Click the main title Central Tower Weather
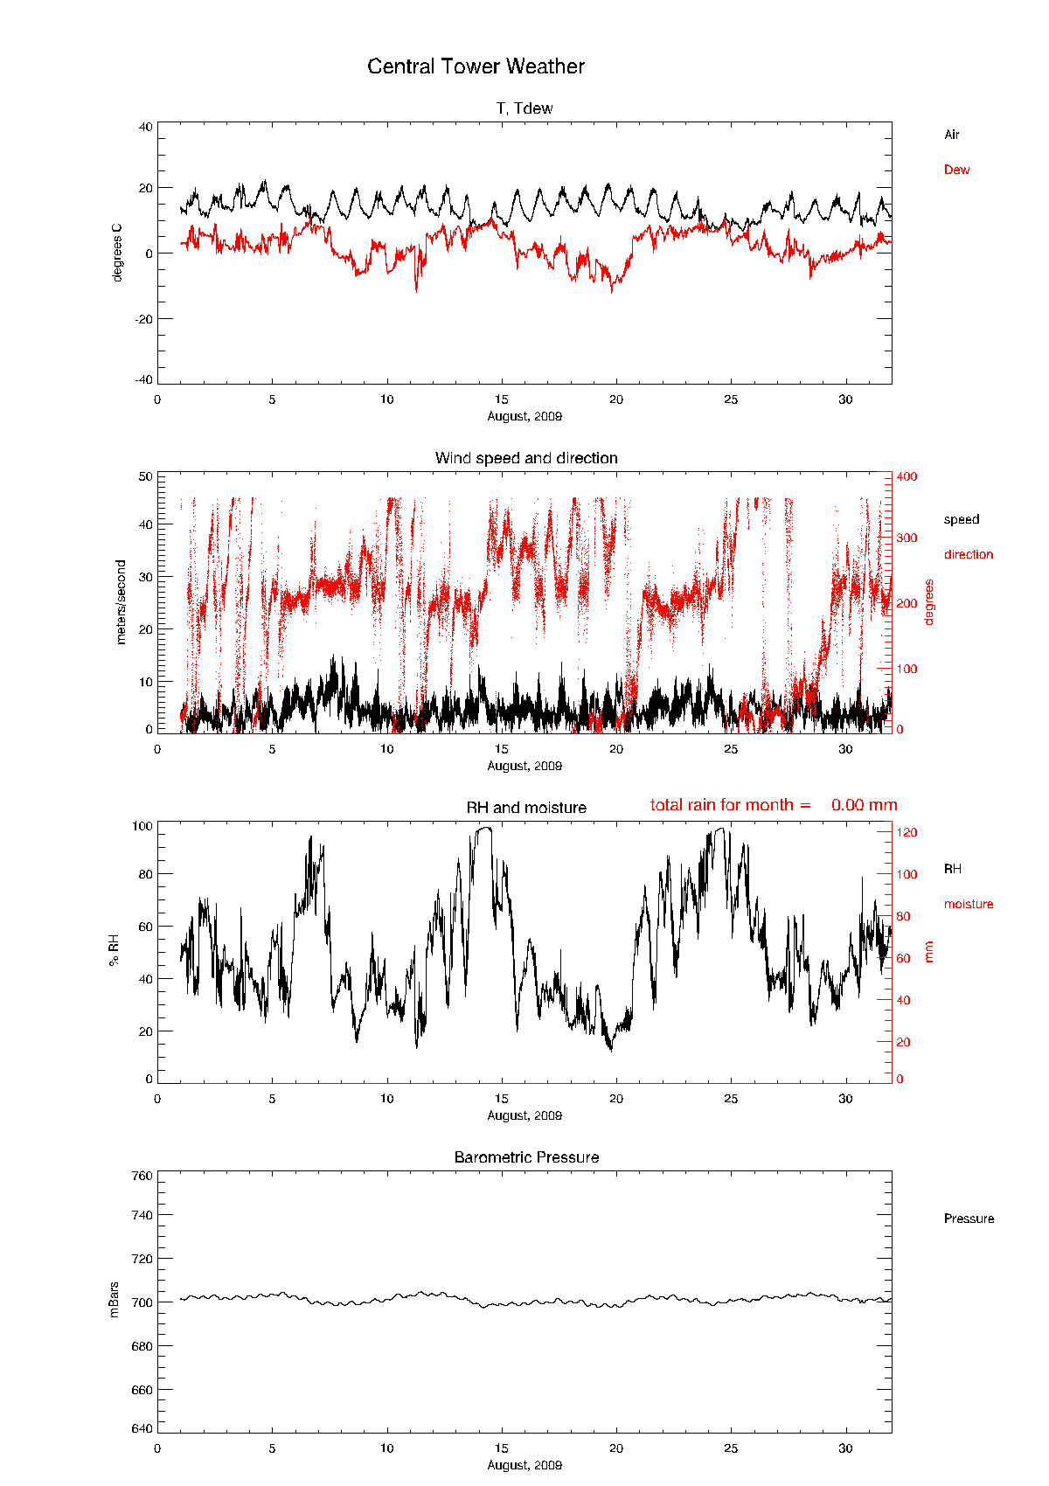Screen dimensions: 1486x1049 pyautogui.click(x=476, y=66)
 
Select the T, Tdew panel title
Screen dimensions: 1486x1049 pyautogui.click(x=524, y=108)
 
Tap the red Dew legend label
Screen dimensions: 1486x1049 pyautogui.click(x=956, y=170)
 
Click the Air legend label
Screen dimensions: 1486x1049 pyautogui.click(x=951, y=135)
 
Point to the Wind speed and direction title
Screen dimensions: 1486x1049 pyautogui.click(x=526, y=458)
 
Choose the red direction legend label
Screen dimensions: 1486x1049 pyautogui.click(x=968, y=554)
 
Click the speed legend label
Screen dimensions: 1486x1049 pyautogui.click(x=961, y=519)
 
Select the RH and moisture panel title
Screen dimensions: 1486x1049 pyautogui.click(x=526, y=808)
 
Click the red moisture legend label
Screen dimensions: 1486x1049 pyautogui.click(x=968, y=904)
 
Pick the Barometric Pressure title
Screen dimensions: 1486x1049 pyautogui.click(x=526, y=1157)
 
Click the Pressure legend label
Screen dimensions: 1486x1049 pyautogui.click(x=969, y=1219)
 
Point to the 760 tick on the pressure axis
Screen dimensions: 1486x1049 pyautogui.click(x=142, y=1176)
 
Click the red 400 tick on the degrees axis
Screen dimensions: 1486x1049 pyautogui.click(x=906, y=476)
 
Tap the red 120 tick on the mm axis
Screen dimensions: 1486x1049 pyautogui.click(x=906, y=832)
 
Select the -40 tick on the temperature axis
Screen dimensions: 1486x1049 pyautogui.click(x=142, y=379)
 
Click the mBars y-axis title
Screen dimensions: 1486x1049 pyautogui.click(x=115, y=1300)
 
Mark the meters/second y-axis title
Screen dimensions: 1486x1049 pyautogui.click(x=121, y=602)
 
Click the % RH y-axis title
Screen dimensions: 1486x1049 pyautogui.click(x=114, y=950)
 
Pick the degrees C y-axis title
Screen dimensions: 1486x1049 pyautogui.click(x=117, y=253)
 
